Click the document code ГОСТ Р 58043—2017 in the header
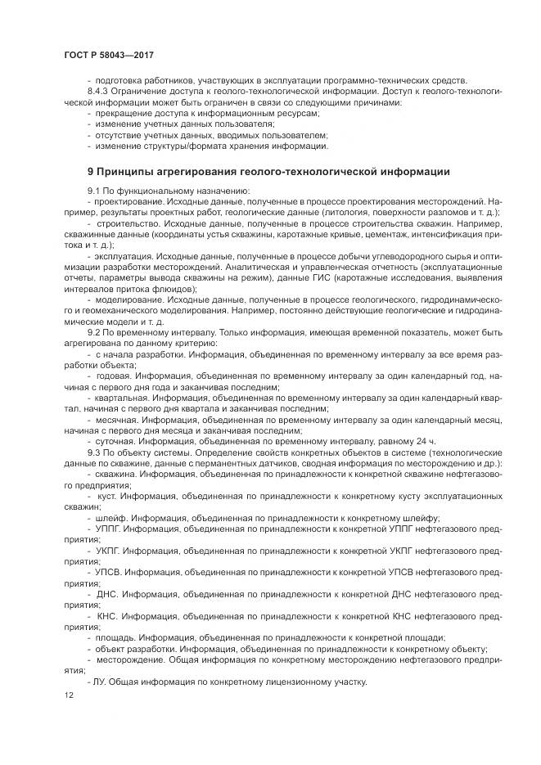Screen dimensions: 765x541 tap(109, 55)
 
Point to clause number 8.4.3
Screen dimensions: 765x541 tap(101, 92)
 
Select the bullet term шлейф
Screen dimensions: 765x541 tap(111, 517)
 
